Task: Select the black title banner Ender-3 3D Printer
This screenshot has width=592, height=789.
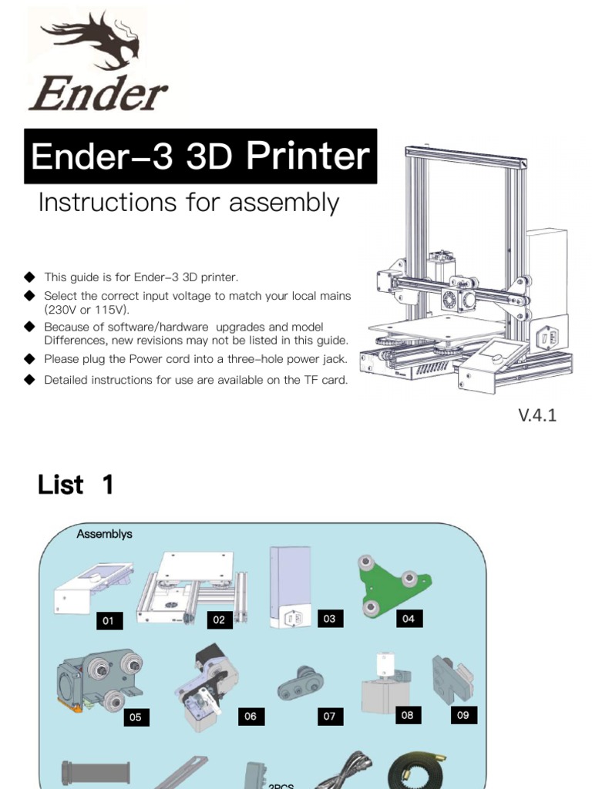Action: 200,157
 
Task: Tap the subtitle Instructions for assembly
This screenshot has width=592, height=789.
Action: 189,203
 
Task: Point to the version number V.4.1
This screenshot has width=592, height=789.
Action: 537,415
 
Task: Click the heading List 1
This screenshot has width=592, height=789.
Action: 76,485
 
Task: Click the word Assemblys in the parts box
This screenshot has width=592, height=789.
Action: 104,534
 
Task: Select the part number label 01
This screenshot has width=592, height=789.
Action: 109,621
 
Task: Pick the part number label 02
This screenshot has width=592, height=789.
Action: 220,619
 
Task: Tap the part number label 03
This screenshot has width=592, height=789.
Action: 329,619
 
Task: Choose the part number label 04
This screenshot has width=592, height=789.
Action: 409,619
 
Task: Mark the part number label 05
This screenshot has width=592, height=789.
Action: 136,717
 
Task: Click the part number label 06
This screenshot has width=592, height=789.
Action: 251,717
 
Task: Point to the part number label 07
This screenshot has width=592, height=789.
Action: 329,717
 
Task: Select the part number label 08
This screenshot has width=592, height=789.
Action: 408,715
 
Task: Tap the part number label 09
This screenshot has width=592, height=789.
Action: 463,715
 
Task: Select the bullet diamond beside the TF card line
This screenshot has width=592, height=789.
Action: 30,380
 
